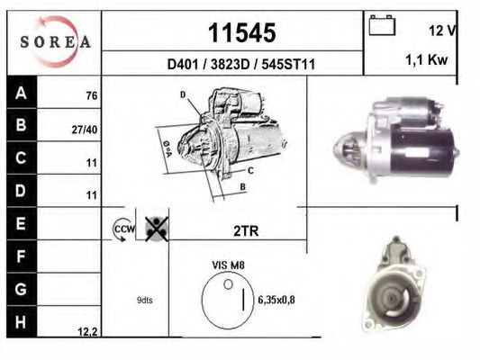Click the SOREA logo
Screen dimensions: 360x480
(x=54, y=41)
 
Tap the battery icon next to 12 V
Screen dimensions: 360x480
(x=383, y=27)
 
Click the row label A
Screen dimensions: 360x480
(x=19, y=94)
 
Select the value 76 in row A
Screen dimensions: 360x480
(x=90, y=95)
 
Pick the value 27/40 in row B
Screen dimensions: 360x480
(x=85, y=129)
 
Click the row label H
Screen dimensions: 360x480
(x=19, y=321)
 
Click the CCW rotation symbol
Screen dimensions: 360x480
(x=122, y=230)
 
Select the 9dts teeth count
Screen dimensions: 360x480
(x=144, y=301)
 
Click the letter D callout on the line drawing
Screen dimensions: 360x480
(x=183, y=94)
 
